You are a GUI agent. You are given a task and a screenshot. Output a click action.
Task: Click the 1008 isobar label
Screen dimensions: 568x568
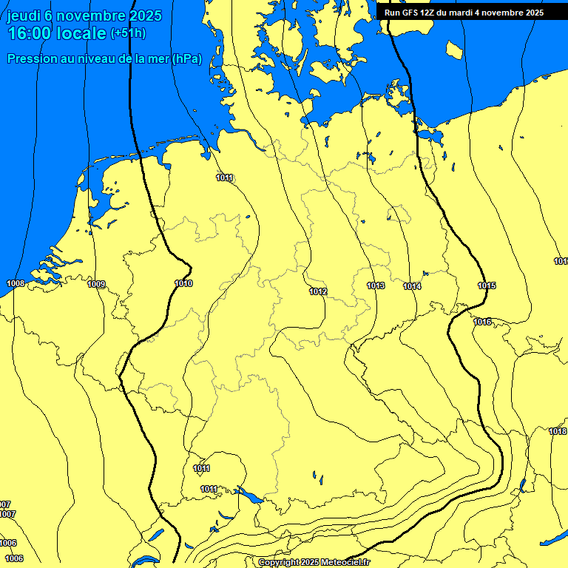tap(15, 283)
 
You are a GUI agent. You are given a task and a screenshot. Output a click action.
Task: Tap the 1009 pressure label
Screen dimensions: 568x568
tap(96, 284)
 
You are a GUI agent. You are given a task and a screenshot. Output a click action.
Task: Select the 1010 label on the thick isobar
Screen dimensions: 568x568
tap(183, 283)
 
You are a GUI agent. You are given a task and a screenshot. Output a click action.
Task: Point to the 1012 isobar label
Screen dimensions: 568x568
tap(318, 291)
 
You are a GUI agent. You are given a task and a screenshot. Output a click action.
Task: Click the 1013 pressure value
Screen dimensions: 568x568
tap(376, 285)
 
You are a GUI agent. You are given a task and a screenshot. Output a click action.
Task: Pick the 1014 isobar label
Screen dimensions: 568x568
tap(412, 286)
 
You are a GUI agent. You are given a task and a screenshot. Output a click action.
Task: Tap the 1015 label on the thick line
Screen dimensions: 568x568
tap(487, 285)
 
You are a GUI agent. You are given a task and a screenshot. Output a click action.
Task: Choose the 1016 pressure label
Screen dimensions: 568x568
tap(482, 322)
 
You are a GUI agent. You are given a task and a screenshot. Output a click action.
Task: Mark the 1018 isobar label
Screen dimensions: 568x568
tap(558, 431)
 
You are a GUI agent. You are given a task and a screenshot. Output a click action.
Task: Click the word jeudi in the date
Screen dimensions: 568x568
tap(25, 16)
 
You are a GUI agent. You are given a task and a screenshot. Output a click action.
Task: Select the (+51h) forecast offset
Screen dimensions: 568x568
tap(128, 33)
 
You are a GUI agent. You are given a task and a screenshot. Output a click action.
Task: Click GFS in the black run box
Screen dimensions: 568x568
tap(410, 13)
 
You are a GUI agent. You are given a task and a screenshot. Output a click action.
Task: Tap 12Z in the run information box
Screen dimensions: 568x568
tap(428, 13)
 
